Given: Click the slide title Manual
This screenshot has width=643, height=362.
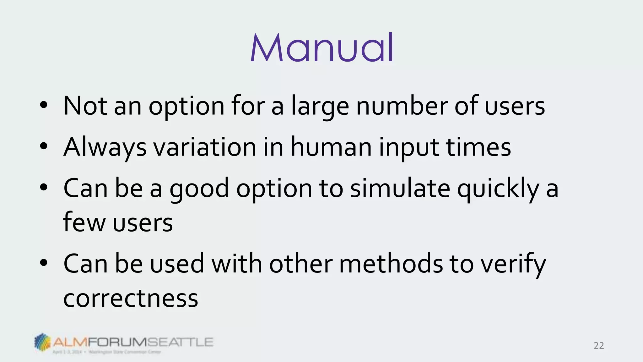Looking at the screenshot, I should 322,48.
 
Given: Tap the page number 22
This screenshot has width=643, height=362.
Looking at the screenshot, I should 599,346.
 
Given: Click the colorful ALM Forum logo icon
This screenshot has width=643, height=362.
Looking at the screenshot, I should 42,342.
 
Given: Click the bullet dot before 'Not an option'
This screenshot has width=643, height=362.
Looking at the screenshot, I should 44,105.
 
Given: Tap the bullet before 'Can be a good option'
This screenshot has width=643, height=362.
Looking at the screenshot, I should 44,187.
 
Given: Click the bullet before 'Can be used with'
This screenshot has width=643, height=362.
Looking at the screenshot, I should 44,263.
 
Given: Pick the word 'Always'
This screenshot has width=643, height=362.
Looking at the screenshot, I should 105,148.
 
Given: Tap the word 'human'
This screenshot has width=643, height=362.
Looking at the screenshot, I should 331,147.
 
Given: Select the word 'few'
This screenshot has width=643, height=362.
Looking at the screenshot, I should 84,222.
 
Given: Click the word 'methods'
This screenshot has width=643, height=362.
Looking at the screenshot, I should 391,263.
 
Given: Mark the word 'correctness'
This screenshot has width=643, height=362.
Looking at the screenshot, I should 131,298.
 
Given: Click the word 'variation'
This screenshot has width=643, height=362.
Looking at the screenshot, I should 205,147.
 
